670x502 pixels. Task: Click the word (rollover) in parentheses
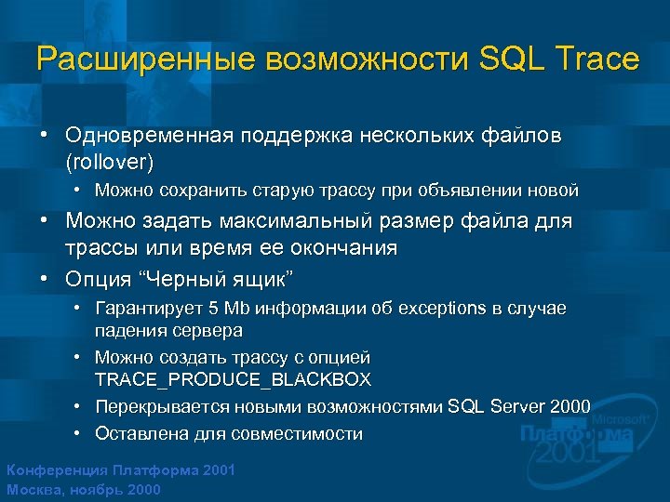pyautogui.click(x=109, y=162)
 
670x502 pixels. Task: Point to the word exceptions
pyautogui.click(x=445, y=308)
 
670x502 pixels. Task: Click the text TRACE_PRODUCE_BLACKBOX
pyautogui.click(x=233, y=379)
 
